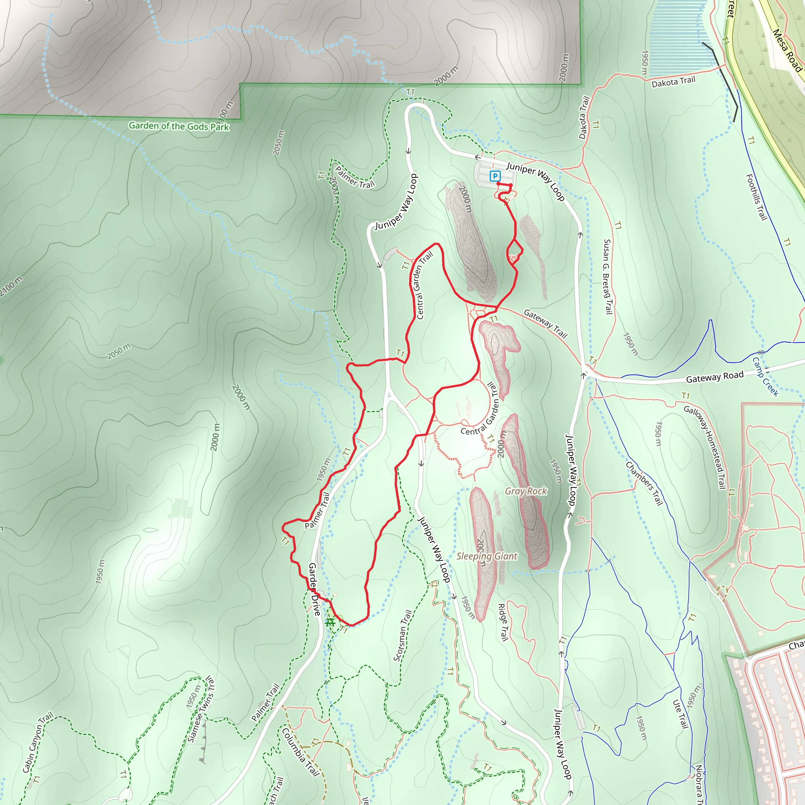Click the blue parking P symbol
(x=495, y=176)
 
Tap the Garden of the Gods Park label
(x=179, y=126)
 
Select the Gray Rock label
(x=526, y=491)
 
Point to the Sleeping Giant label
(x=487, y=556)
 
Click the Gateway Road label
(x=715, y=377)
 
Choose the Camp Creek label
(x=765, y=377)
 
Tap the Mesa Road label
(x=787, y=50)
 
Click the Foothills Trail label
(x=756, y=197)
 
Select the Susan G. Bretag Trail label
(x=608, y=277)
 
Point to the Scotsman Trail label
(x=402, y=636)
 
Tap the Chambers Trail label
(x=644, y=483)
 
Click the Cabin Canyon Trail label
(x=38, y=742)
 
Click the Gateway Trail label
(x=546, y=323)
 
